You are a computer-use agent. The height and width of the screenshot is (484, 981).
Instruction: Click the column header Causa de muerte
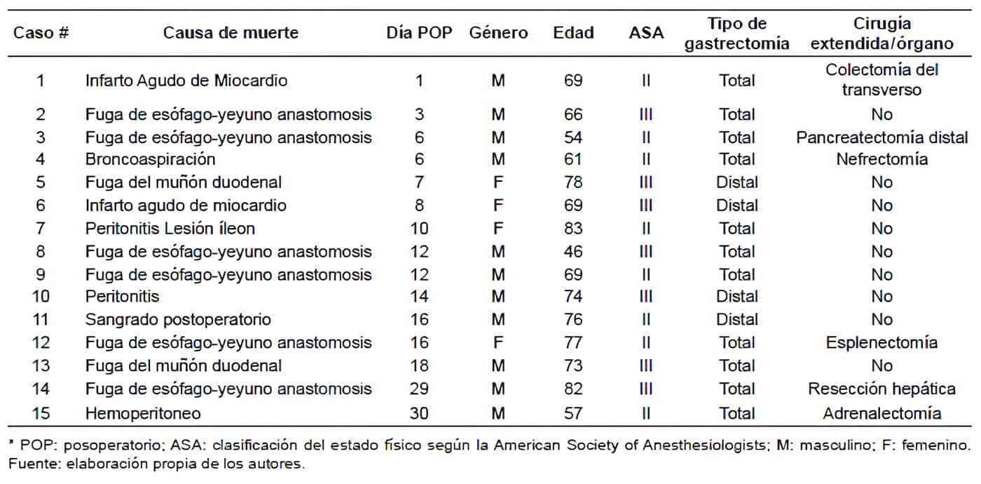[x=231, y=33]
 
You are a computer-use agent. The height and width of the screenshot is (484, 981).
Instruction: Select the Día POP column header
[x=419, y=33]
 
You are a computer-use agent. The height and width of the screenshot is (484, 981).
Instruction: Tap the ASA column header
[x=646, y=33]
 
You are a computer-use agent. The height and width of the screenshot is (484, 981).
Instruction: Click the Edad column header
[x=573, y=33]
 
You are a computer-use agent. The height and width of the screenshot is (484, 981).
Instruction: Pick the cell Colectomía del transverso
[x=881, y=80]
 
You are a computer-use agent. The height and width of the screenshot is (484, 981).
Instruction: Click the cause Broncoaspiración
[x=150, y=159]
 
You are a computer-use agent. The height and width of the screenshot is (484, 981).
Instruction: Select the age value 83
[x=573, y=228]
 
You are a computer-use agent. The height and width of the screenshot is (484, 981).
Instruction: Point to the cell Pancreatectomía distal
[x=881, y=137]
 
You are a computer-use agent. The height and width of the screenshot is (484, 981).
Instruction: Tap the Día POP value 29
[x=419, y=389]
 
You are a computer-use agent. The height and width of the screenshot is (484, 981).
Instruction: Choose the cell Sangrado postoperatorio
[x=178, y=320]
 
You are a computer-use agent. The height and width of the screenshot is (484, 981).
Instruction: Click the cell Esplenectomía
[x=881, y=342]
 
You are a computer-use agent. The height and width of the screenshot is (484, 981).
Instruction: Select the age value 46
[x=573, y=251]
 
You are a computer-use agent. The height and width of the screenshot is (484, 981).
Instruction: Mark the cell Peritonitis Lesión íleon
[x=170, y=228]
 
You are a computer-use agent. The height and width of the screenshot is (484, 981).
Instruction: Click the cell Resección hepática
[x=881, y=389]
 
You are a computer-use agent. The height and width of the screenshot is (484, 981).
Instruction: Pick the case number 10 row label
[x=41, y=297]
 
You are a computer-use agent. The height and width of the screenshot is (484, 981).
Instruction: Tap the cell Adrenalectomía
[x=881, y=413]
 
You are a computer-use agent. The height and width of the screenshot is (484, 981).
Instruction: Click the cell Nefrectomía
[x=881, y=159]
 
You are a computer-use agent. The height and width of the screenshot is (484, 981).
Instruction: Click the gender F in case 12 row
[x=498, y=342]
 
